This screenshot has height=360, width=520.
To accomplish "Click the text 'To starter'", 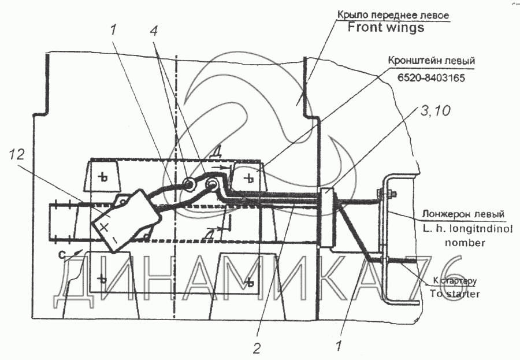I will pyautogui.click(x=455, y=293).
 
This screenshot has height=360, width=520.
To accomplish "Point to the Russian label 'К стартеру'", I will pyautogui.click(x=454, y=281).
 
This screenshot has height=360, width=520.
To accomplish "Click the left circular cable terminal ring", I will pyautogui.click(x=189, y=184).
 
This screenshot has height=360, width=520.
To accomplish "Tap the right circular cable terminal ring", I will pyautogui.click(x=213, y=184).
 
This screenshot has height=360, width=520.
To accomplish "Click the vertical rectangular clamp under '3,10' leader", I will pyautogui.click(x=326, y=218).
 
